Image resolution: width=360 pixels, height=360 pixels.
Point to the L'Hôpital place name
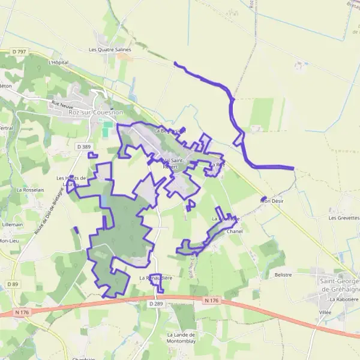point(58,62)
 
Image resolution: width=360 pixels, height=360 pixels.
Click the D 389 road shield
point(85,146)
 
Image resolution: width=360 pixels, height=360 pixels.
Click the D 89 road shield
point(13,283)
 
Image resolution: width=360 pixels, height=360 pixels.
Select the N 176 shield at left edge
point(22,312)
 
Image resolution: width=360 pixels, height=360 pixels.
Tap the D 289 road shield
point(155,304)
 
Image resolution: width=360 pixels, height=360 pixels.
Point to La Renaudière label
point(156,278)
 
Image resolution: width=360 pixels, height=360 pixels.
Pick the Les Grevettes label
point(344,218)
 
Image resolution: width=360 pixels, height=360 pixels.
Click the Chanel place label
point(235,231)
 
